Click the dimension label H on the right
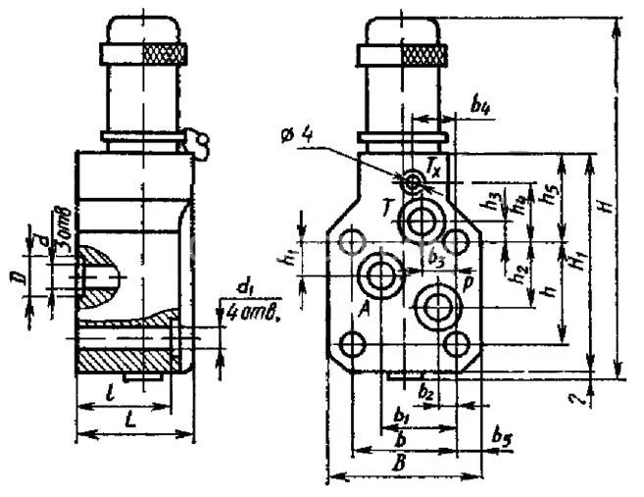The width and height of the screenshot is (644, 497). point(608,205)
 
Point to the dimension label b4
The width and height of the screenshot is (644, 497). point(479,106)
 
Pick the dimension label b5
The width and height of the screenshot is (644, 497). point(501,433)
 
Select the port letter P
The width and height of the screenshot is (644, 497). point(470,280)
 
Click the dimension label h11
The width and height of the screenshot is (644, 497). point(289,260)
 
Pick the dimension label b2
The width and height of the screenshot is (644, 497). point(425,393)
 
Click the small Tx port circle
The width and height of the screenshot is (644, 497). point(415,179)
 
